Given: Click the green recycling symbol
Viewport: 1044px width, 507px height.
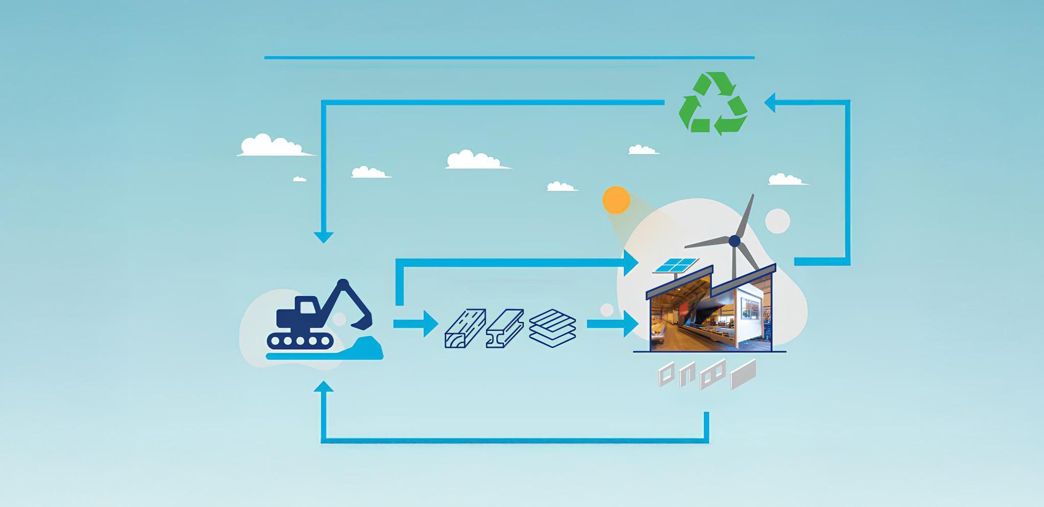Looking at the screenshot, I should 713,104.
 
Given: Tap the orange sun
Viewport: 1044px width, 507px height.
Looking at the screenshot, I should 616,200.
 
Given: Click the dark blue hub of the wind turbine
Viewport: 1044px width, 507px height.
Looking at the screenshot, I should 734,240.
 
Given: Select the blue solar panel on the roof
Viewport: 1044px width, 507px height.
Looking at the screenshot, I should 676,265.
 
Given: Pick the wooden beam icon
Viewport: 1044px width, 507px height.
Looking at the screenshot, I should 465,328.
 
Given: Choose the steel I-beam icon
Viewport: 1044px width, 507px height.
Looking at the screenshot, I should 504,328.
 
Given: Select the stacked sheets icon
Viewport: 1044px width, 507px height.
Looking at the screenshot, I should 552,328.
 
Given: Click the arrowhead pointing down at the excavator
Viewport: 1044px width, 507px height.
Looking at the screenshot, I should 323,237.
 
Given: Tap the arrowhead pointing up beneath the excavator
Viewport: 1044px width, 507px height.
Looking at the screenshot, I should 323,387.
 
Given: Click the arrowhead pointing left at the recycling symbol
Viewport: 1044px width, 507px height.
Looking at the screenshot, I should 771,102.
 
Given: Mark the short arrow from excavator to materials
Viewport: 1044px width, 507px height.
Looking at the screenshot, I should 416,324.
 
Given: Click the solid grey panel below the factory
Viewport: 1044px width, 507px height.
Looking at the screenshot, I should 743,374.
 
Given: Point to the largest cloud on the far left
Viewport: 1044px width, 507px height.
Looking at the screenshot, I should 272,146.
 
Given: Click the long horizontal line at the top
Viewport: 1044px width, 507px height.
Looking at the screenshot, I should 509,58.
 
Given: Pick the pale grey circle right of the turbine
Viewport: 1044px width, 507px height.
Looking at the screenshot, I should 777,221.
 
